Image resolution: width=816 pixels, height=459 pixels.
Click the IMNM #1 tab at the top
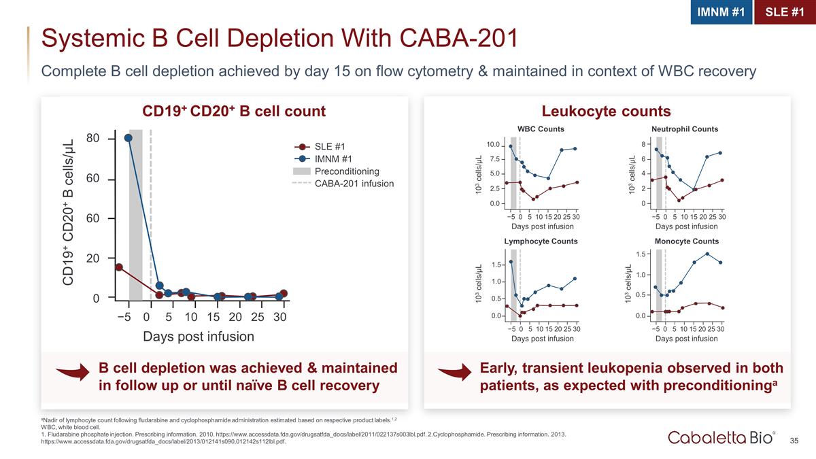click(721, 12)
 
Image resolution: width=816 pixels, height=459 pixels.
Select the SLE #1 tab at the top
click(784, 12)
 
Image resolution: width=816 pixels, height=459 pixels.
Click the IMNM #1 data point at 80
click(129, 138)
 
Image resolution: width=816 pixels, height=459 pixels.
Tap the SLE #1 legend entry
click(330, 146)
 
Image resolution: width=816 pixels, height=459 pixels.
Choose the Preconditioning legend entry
click(347, 171)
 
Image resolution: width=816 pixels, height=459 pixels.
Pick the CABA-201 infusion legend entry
click(354, 184)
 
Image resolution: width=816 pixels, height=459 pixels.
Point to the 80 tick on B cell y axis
click(93, 139)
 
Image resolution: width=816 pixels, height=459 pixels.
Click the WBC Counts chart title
click(541, 129)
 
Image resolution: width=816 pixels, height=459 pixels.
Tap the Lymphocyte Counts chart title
click(541, 241)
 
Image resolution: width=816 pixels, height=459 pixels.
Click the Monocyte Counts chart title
click(686, 241)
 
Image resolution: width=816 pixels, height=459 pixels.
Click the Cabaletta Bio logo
click(722, 437)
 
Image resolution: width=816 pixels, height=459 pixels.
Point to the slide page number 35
click(794, 441)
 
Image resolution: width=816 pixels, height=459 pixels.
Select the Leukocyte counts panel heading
click(606, 112)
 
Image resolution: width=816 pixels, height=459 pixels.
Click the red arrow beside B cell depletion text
click(73, 373)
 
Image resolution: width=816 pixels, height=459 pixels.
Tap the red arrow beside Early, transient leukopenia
click(454, 373)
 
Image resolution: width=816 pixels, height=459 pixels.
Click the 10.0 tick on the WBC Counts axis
click(492, 145)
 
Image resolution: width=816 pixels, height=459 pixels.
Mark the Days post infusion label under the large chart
click(198, 337)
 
